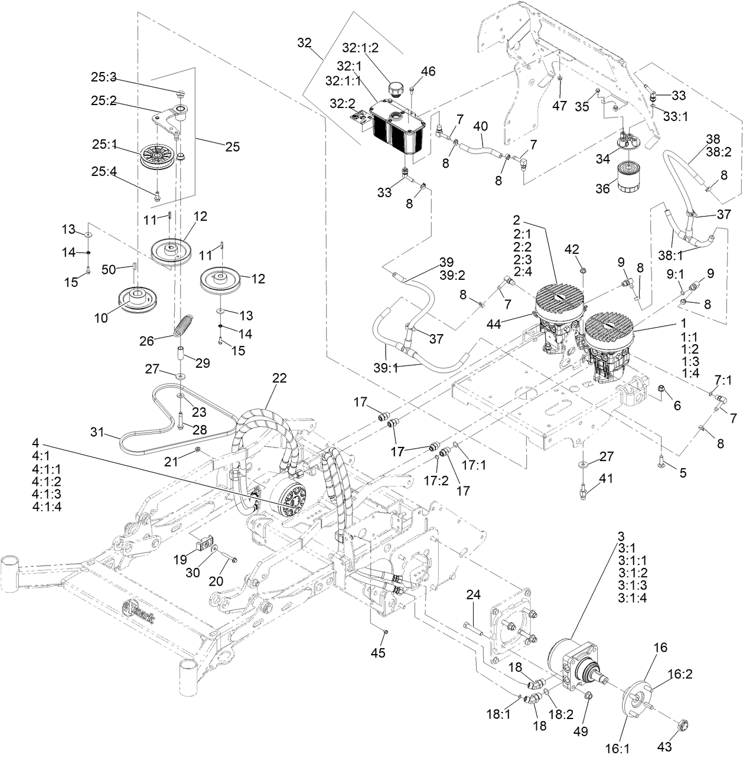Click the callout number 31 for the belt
(97, 432)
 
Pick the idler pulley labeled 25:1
(157, 156)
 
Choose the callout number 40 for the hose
(481, 126)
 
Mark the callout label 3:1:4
(633, 597)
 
